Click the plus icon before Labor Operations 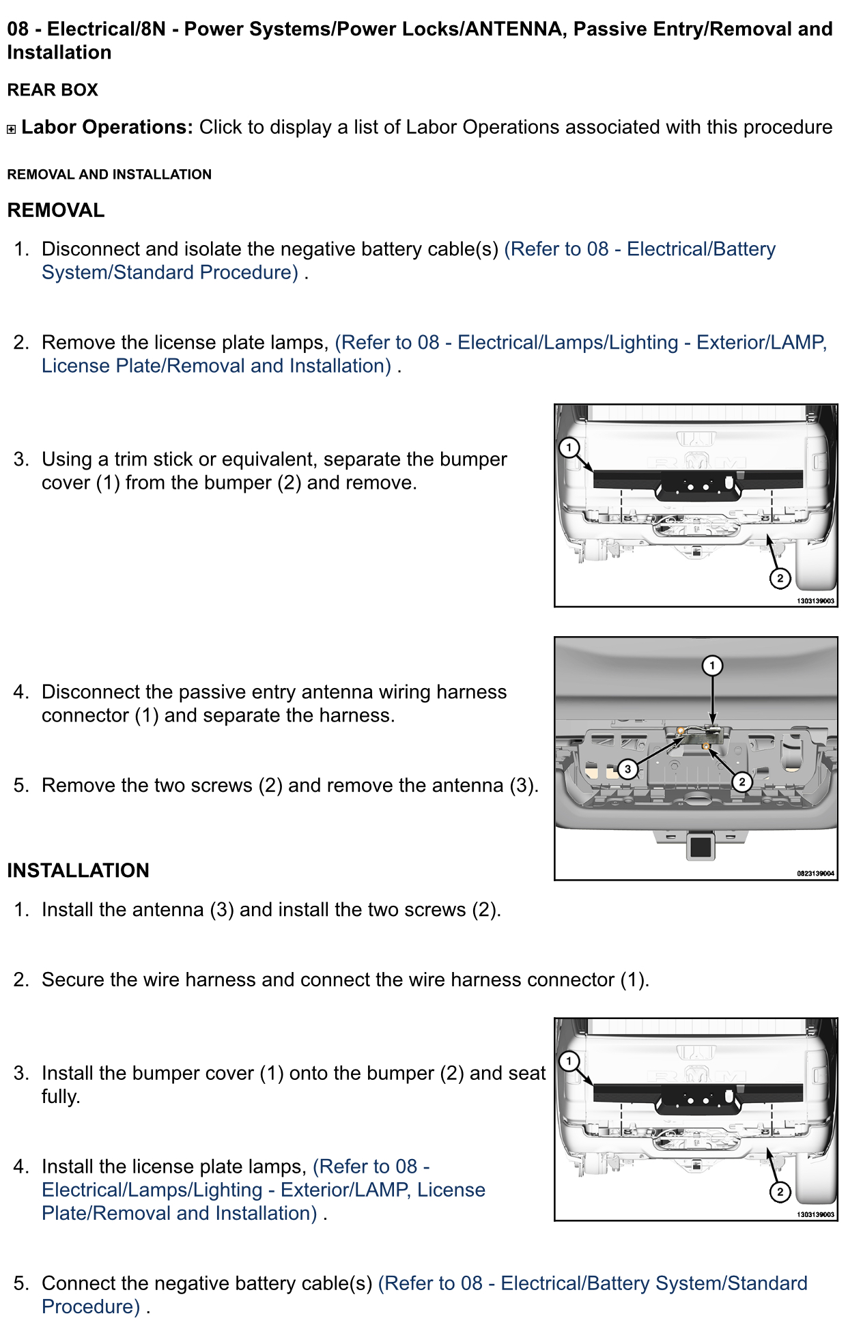11,129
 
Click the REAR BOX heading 53,90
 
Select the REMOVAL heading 56,210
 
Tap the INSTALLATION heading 78,870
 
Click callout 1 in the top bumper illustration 569,448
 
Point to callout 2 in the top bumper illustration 780,578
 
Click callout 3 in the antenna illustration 627,769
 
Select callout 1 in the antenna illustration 712,666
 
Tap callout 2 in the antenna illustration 741,782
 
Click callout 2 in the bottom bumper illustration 780,1192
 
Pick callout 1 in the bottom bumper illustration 569,1061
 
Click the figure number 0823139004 815,874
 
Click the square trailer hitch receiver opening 700,846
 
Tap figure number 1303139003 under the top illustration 815,601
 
